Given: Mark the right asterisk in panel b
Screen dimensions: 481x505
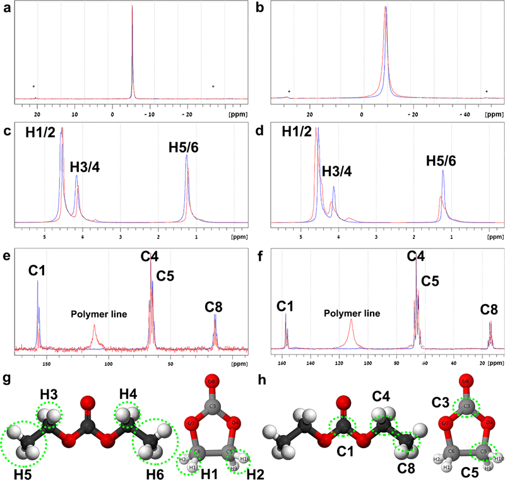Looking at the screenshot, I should pyautogui.click(x=486, y=92).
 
